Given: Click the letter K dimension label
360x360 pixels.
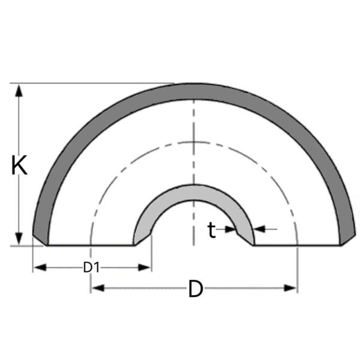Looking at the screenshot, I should click(20, 165).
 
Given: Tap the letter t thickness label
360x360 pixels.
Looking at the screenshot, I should click(211, 230).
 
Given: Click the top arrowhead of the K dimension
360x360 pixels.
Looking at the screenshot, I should click(20, 91).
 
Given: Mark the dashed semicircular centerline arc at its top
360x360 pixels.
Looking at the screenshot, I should click(193, 142).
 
